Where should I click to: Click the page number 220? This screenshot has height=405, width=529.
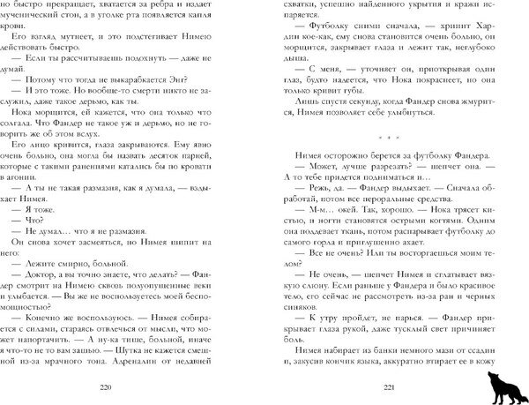132,386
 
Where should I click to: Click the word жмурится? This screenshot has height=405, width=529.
461,101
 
